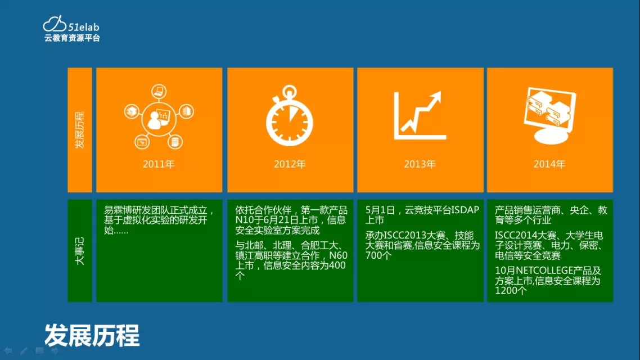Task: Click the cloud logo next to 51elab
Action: [55, 24]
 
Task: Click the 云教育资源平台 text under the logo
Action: [72, 38]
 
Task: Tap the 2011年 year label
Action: [159, 164]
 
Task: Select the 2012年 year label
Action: [290, 164]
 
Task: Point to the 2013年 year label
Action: [420, 164]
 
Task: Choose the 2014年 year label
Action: [549, 164]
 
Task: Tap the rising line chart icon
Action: [420, 115]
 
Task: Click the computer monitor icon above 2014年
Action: [550, 115]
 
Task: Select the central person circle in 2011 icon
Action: [159, 119]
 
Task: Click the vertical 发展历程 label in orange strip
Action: [80, 130]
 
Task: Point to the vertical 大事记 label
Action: [80, 251]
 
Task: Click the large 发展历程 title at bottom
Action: [92, 335]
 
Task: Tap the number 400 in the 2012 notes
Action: [337, 265]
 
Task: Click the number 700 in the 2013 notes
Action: [373, 255]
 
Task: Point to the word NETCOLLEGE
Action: [544, 271]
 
